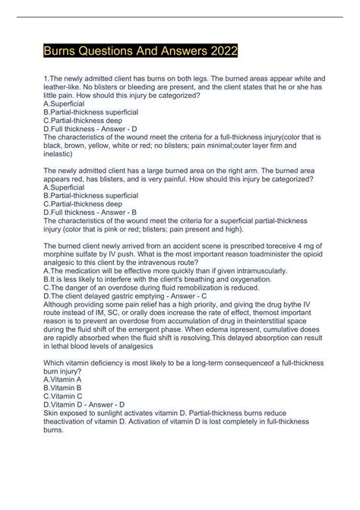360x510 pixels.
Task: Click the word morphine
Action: pos(63,271)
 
